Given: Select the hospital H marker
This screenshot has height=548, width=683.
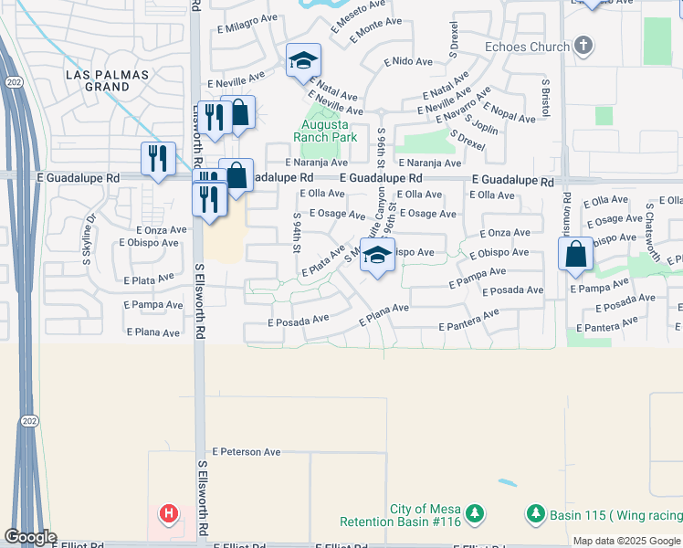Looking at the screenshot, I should (x=169, y=514).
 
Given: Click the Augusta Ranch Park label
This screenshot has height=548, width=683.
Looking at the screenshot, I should (x=324, y=131).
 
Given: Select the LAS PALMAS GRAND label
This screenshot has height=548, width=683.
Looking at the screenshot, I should (x=98, y=80).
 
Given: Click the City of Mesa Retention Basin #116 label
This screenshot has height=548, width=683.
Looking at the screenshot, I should (x=413, y=516).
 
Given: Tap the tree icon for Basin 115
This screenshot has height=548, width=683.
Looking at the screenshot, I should (x=536, y=515).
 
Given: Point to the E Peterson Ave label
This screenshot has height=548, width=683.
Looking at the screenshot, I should (x=247, y=451).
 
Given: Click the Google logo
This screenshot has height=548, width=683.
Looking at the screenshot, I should (x=29, y=537).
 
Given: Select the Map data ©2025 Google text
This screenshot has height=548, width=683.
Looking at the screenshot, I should (x=626, y=541).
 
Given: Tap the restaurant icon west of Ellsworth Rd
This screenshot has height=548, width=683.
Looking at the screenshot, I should (x=158, y=159).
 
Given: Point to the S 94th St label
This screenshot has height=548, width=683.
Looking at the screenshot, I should (x=298, y=235).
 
